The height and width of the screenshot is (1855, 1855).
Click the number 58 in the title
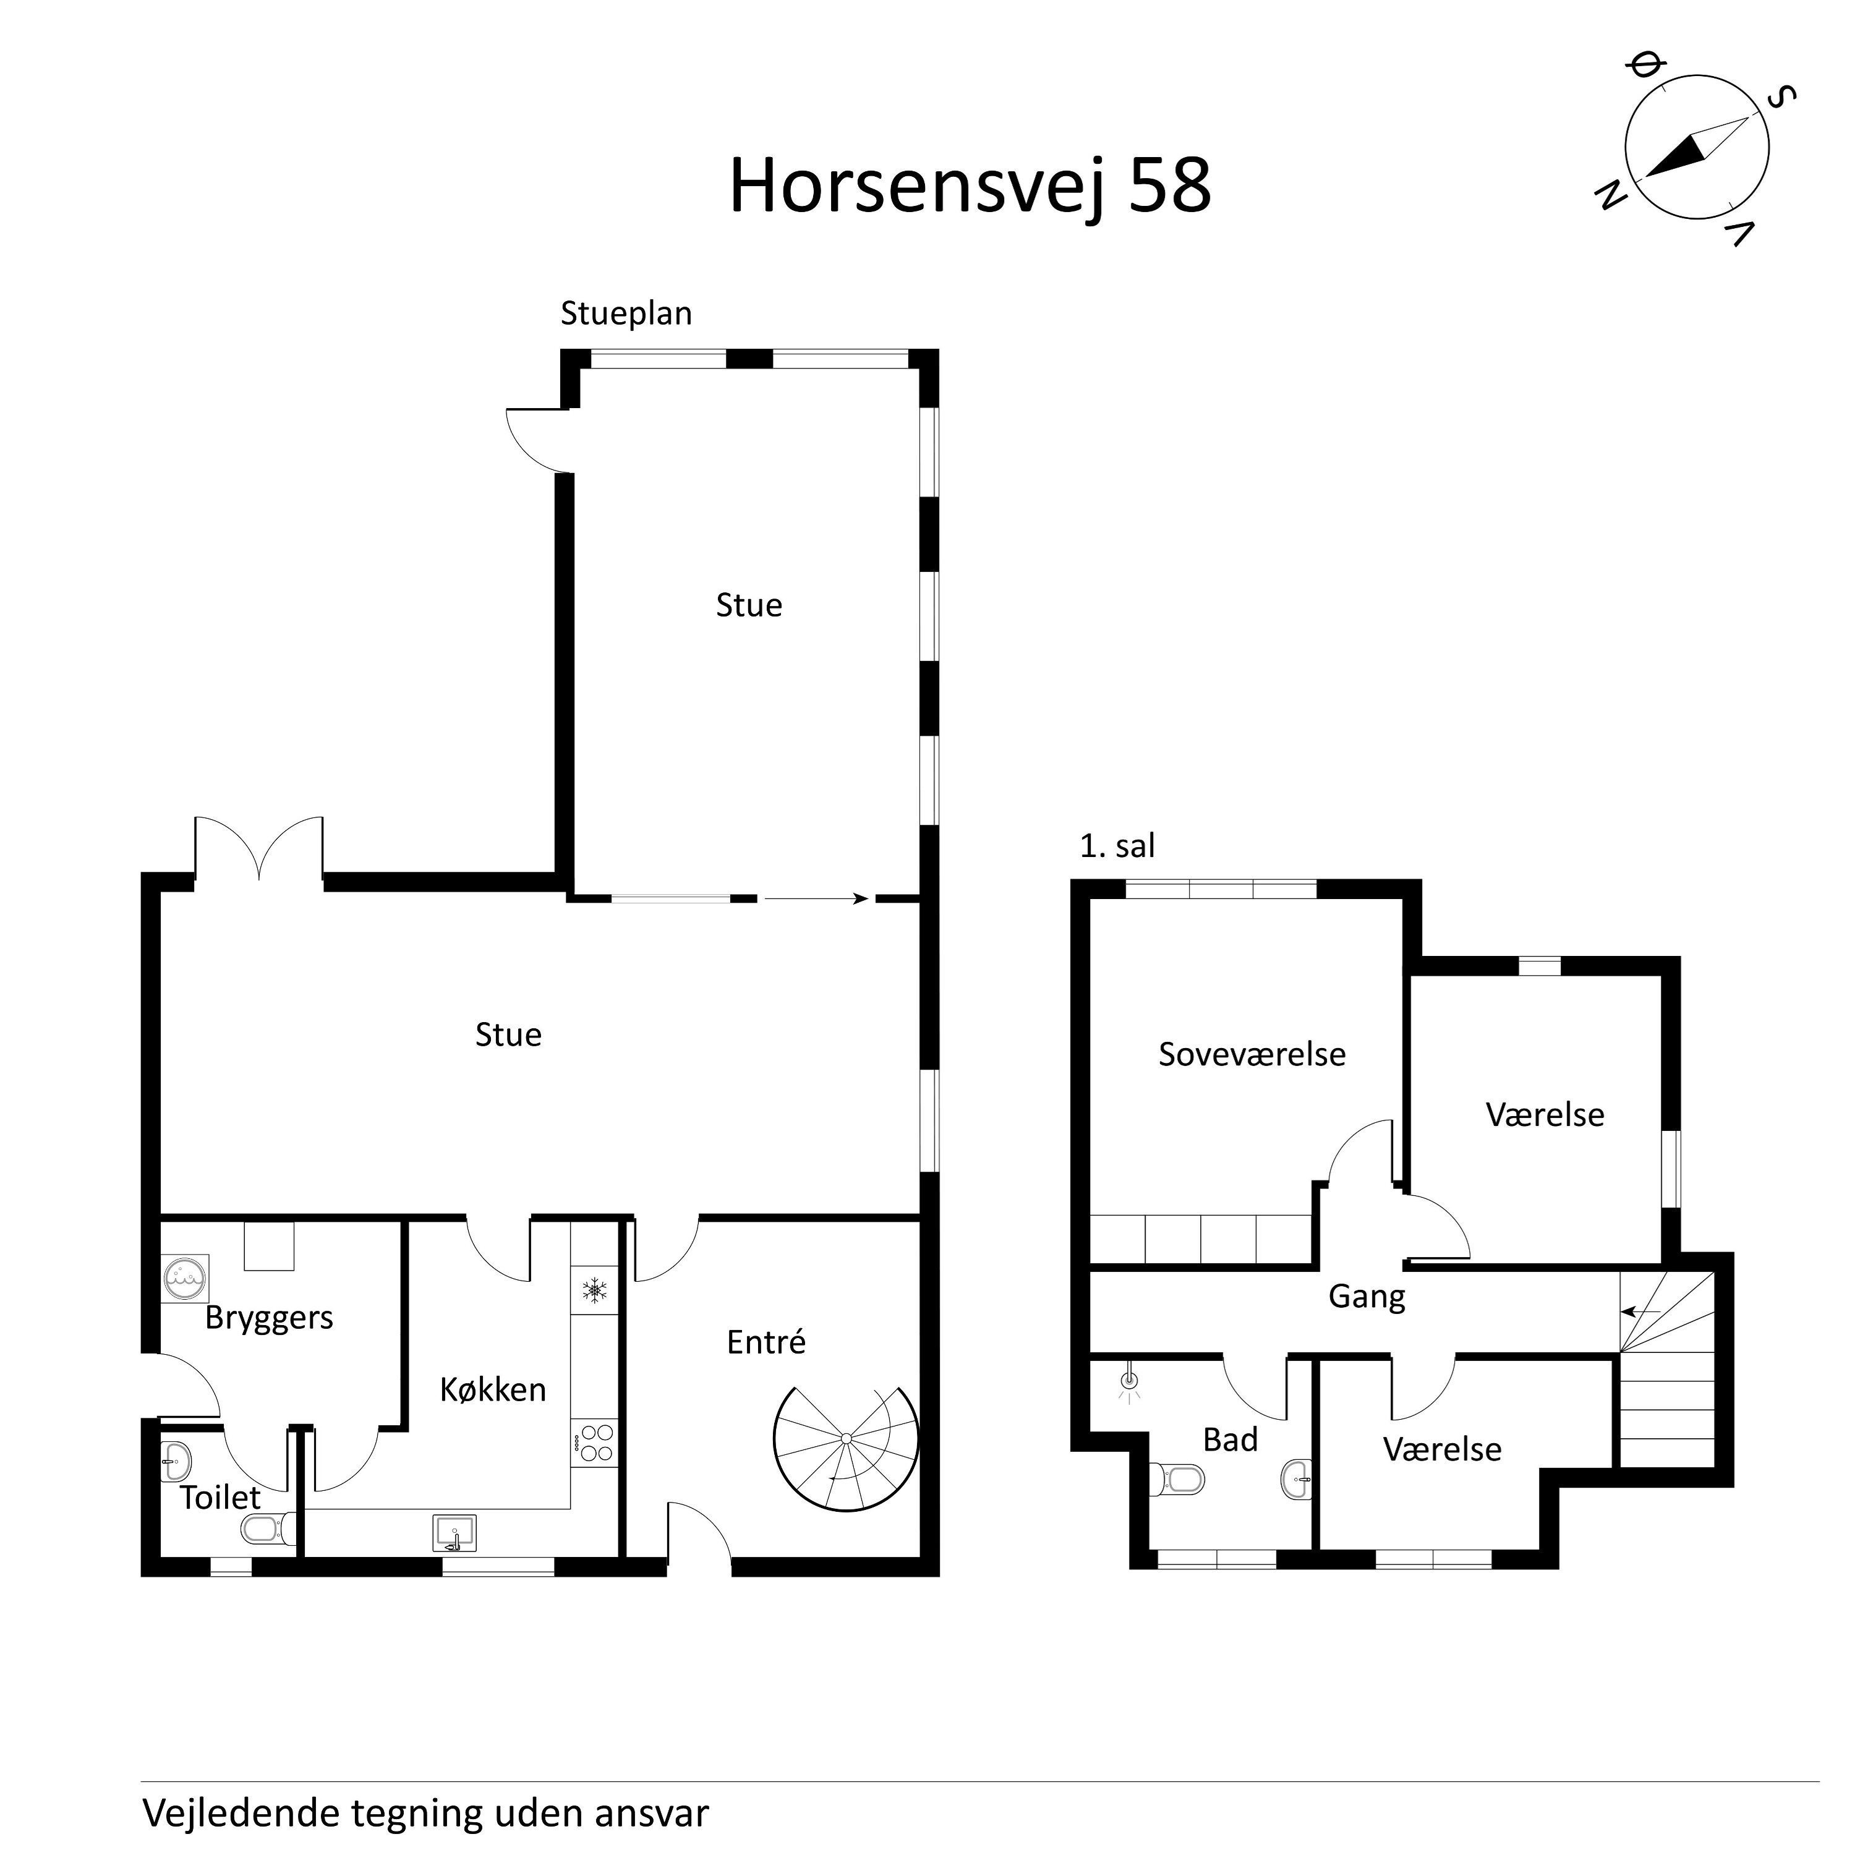coord(1169,185)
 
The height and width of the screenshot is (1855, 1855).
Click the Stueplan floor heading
coord(626,313)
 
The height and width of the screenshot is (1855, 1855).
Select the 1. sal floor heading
coord(1117,846)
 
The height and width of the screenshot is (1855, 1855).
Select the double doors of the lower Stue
coord(259,850)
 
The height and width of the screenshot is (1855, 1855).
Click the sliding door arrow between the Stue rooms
coord(816,898)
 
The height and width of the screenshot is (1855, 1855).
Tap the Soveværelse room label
coord(1251,1054)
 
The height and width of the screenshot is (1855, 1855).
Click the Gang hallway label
coord(1367,1296)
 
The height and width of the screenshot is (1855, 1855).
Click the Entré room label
coord(765,1342)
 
